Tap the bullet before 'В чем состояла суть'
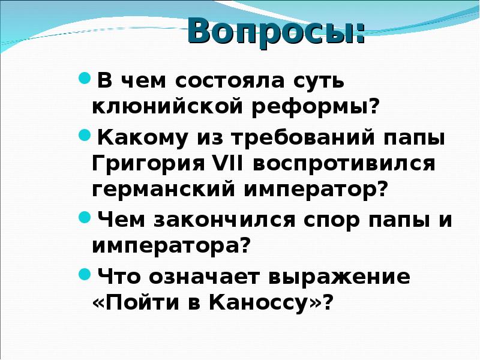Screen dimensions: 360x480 85,78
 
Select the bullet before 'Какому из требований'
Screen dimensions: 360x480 85,136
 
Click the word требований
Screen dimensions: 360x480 287,138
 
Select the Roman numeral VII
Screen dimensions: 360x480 229,164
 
